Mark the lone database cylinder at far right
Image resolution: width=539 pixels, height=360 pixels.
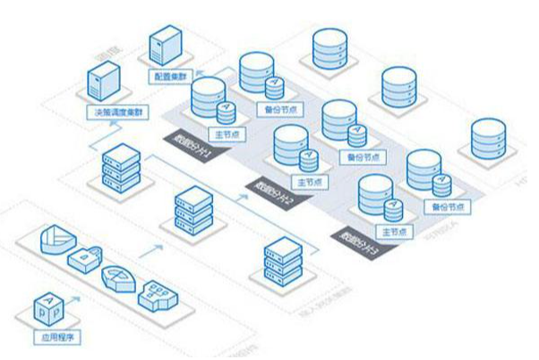pyautogui.click(x=491, y=139)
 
